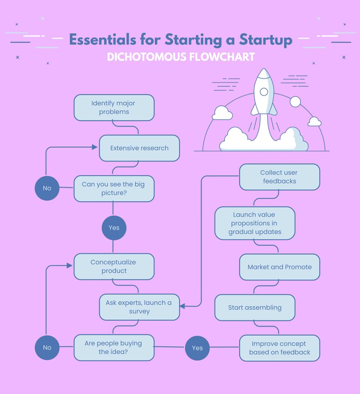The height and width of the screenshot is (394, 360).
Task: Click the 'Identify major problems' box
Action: pyautogui.click(x=114, y=107)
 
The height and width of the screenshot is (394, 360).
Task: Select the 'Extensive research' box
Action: pyautogui.click(x=139, y=148)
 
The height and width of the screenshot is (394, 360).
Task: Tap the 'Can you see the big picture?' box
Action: pyautogui.click(x=114, y=189)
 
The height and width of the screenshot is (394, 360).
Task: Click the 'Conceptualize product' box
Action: pyautogui.click(x=114, y=266)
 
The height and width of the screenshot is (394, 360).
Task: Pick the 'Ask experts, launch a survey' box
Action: pyautogui.click(x=139, y=307)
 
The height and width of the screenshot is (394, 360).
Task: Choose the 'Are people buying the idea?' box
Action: pyautogui.click(x=114, y=348)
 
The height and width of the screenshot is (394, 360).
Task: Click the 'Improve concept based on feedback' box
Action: pyautogui.click(x=279, y=348)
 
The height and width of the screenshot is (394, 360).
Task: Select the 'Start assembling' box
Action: pyautogui.click(x=255, y=308)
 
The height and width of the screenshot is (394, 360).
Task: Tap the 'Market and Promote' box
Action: pyautogui.click(x=279, y=267)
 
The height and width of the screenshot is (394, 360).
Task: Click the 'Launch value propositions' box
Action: pyautogui.click(x=255, y=223)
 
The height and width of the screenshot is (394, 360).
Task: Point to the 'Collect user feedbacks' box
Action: pyautogui.click(x=279, y=177)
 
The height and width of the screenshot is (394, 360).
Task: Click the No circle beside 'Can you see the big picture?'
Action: pyautogui.click(x=47, y=188)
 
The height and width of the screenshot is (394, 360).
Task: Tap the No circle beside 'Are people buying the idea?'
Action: pyautogui.click(x=47, y=348)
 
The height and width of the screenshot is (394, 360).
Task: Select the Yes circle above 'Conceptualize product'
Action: pyautogui.click(x=114, y=228)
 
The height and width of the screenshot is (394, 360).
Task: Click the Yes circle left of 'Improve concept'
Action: pyautogui.click(x=197, y=348)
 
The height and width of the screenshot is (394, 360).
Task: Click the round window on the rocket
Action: pyautogui.click(x=264, y=91)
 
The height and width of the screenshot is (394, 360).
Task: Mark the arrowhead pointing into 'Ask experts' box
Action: pyautogui.click(x=182, y=306)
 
